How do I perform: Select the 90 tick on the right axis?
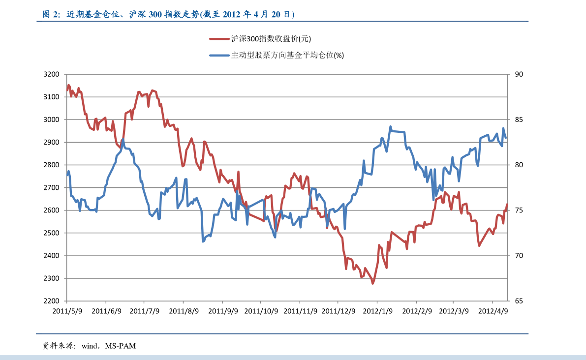tap(519, 74)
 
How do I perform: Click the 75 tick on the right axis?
tap(519, 210)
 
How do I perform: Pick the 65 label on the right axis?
tap(519, 301)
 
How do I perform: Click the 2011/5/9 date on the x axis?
tap(67, 311)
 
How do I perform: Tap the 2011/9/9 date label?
tap(222, 311)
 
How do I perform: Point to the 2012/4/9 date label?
tap(493, 311)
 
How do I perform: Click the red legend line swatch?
tap(219, 39)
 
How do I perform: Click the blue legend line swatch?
tap(219, 56)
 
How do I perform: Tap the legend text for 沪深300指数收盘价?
tap(271, 39)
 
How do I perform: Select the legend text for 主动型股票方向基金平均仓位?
tap(287, 56)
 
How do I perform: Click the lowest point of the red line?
tap(373, 283)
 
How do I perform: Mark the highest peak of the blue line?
tap(391, 126)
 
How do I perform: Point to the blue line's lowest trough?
tap(203, 241)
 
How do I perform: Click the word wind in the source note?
tap(90, 346)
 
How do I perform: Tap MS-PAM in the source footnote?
tap(120, 346)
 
